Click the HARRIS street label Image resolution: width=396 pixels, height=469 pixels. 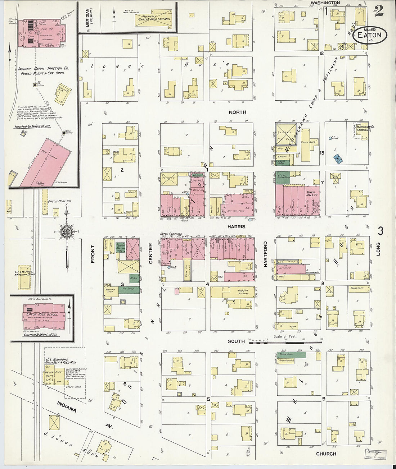(x=236, y=227)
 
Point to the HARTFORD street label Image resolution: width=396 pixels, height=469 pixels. (x=266, y=254)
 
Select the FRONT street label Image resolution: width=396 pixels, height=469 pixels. (x=93, y=254)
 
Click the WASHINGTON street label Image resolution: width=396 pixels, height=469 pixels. (x=325, y=3)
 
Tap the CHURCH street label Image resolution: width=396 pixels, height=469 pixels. (x=326, y=454)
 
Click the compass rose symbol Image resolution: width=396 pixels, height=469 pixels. (x=67, y=232)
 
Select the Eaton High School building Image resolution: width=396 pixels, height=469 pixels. (x=45, y=317)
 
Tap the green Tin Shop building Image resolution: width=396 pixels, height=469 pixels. (x=129, y=290)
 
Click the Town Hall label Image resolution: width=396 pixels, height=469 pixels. (x=310, y=194)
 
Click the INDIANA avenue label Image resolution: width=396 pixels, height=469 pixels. (x=67, y=407)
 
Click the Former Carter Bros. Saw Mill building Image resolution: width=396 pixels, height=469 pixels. (x=153, y=20)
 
